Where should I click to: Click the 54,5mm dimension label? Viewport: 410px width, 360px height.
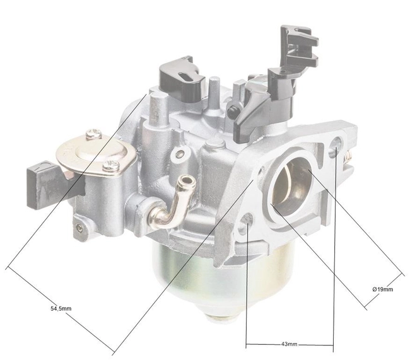coord(60,309)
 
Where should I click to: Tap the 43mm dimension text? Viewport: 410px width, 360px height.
coord(288,345)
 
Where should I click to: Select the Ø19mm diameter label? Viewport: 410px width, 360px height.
coord(382,289)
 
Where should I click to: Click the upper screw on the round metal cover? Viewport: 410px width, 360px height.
coord(93,133)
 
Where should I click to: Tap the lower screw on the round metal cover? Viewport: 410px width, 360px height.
coord(112,166)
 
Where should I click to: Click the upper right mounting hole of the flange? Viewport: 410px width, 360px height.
coord(334,149)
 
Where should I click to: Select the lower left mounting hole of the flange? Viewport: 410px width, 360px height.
coord(248,220)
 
